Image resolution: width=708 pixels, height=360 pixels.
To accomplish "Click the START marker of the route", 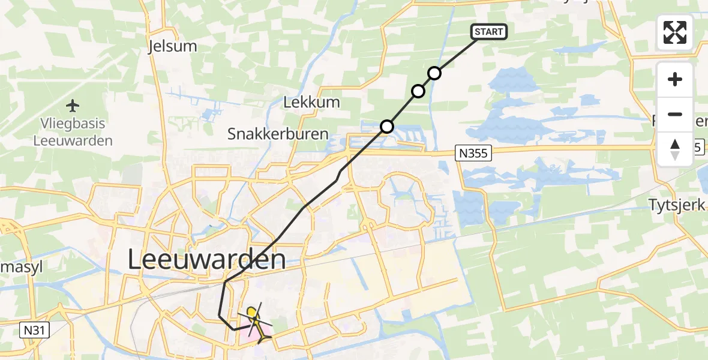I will [x=490, y=32].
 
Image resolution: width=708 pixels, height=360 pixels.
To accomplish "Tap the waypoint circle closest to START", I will [x=434, y=73].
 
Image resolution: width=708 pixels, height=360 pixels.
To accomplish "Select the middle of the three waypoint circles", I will [x=418, y=91].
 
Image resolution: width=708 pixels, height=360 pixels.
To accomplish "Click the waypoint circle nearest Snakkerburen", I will [x=387, y=127].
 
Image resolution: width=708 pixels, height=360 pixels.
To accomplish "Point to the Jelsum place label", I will [x=169, y=47].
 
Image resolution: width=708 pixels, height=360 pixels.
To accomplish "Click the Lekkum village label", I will [x=311, y=102].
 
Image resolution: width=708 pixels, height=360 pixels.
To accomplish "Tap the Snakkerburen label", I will [x=278, y=134].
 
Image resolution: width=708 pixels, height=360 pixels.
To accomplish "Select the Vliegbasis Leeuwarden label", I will [x=73, y=133].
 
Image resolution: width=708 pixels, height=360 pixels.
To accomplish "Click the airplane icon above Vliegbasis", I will [x=73, y=106].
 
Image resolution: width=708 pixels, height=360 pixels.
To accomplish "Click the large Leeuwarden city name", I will [x=207, y=260].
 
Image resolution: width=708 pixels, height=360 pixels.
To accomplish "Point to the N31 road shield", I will [x=37, y=329].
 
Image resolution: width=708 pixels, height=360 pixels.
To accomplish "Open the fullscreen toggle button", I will [x=675, y=32].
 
